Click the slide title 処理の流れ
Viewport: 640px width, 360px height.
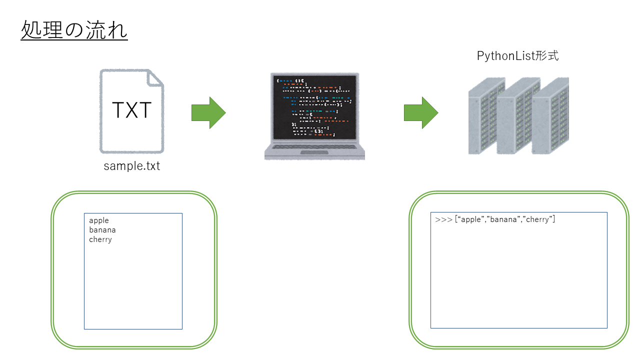pos(74,30)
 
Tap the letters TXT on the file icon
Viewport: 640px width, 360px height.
pos(131,110)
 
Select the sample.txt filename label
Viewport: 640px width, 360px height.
pos(132,166)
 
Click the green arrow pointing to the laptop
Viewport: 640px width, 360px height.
pos(208,113)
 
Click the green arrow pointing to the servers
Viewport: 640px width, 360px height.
pos(421,113)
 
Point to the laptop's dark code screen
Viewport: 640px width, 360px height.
pos(314,107)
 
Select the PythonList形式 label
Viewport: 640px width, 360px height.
pos(517,56)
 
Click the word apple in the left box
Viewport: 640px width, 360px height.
pos(99,220)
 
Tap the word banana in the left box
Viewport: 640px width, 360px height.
pos(102,230)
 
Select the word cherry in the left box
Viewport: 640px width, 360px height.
pos(100,239)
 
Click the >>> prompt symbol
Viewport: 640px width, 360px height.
pos(443,219)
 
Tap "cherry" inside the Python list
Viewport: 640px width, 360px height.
pos(538,219)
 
